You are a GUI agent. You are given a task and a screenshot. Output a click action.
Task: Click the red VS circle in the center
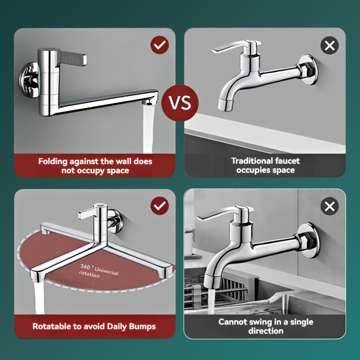coord(180,103)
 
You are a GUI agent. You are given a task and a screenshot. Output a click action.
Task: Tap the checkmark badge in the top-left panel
coord(160,45)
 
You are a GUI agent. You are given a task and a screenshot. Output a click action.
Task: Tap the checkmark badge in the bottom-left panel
coord(160,206)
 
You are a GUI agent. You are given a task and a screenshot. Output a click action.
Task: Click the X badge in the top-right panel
coord(329,45)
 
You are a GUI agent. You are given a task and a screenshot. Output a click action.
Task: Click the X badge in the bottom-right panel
coord(329,207)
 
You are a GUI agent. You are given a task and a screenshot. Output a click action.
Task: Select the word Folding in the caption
coord(53,162)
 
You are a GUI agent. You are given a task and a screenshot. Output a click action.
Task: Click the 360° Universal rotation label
coord(99,271)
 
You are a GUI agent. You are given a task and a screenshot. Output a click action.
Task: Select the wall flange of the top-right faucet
coord(309,70)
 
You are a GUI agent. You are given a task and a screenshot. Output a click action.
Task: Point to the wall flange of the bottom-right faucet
coord(309,241)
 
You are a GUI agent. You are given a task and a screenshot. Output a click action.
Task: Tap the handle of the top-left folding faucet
coord(72,58)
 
